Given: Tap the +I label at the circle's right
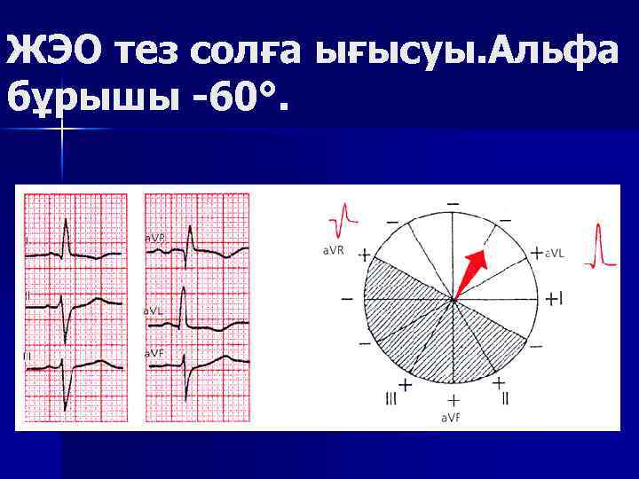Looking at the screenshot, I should [554, 298].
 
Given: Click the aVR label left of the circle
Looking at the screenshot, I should [333, 252].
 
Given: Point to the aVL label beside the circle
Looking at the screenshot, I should [557, 254].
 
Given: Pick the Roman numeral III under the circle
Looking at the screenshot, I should [391, 401].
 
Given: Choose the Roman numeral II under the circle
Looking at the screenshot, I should [505, 401].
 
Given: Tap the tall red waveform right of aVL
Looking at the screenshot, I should [605, 244].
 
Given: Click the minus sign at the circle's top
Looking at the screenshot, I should [454, 204].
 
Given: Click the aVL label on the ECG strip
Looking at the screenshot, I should [154, 311].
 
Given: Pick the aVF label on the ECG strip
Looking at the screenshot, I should [154, 353].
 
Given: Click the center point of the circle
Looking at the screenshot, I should [454, 301].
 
